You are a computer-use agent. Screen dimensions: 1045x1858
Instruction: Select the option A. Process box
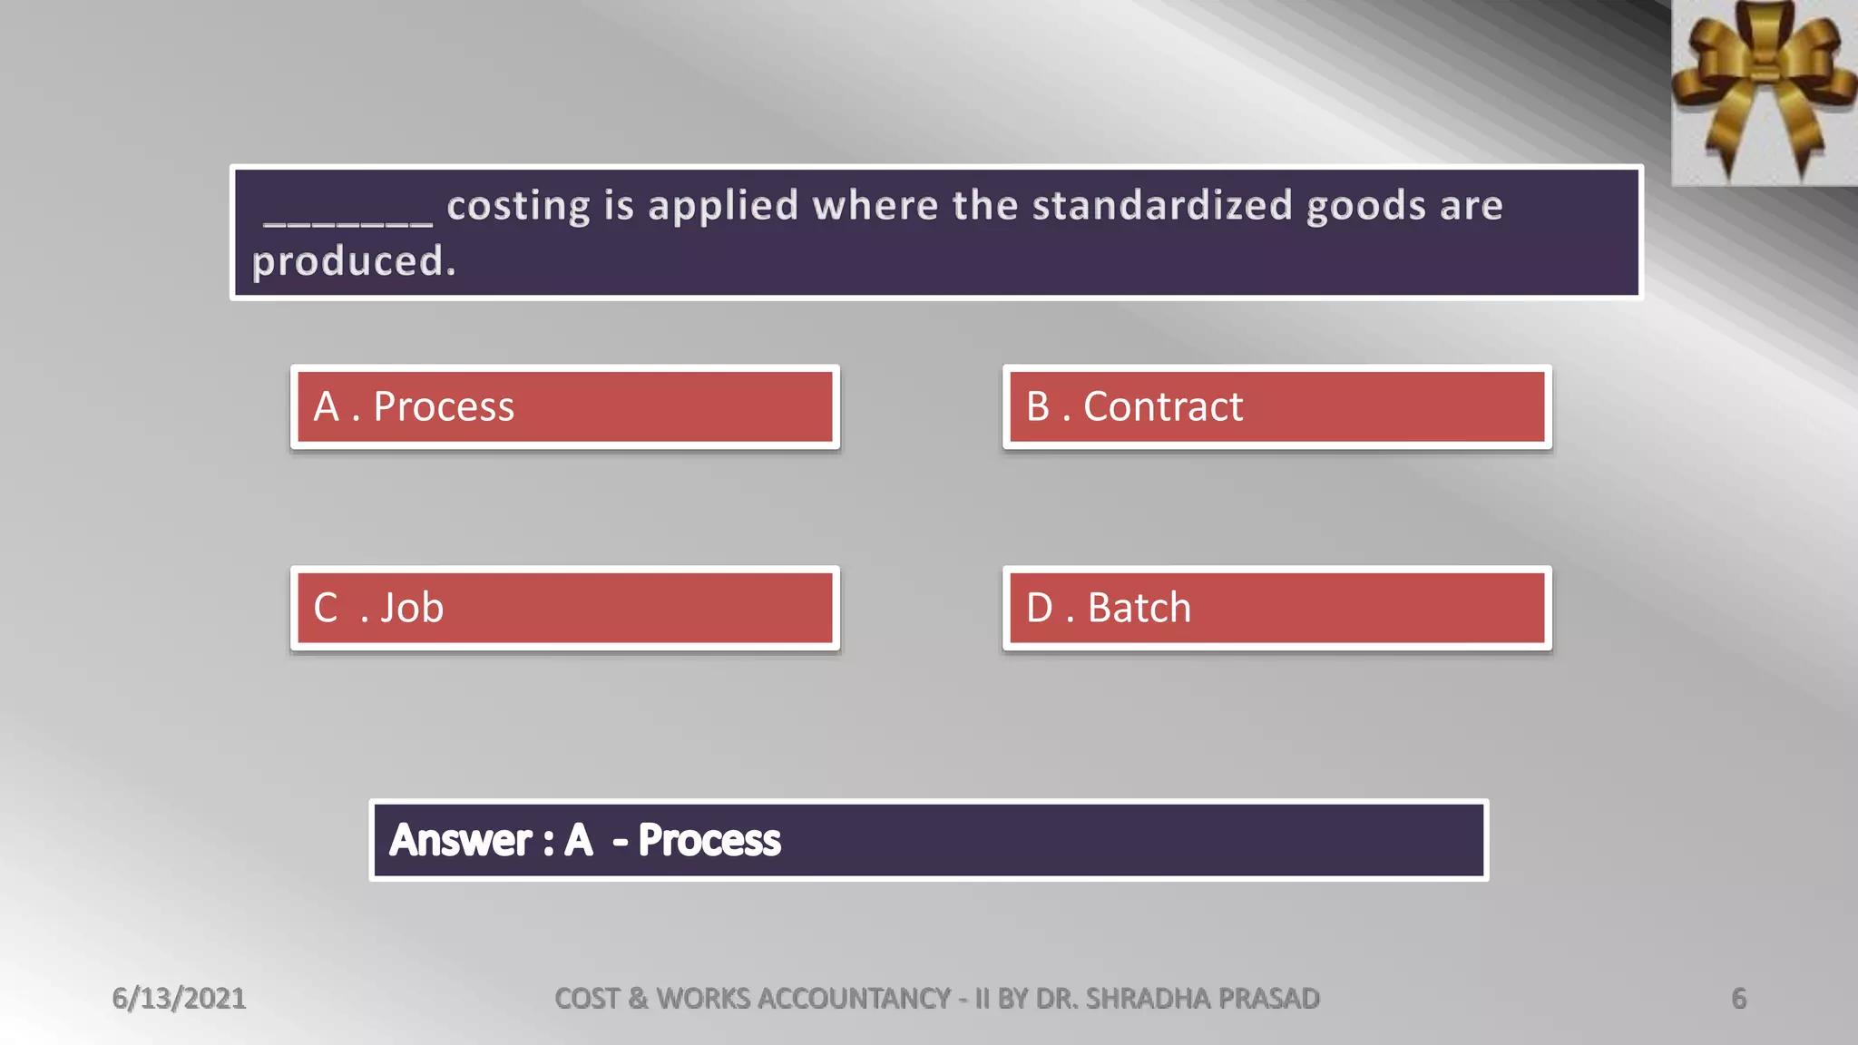564,406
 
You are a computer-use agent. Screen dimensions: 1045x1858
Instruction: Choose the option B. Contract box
1276,406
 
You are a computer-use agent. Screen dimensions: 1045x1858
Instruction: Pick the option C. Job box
564,608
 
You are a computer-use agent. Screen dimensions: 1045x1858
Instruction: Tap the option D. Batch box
1276,608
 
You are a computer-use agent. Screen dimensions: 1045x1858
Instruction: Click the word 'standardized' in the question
1162,206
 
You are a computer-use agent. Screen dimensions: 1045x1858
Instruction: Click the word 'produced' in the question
348,262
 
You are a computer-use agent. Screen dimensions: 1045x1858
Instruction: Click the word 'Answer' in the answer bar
460,840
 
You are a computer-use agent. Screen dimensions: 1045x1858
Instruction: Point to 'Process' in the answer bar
709,840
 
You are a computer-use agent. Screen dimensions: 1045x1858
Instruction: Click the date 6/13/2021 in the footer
179,999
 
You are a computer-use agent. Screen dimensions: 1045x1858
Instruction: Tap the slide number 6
1738,999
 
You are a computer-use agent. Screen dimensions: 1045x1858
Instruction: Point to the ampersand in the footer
638,999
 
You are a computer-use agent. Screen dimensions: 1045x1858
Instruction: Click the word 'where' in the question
875,206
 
